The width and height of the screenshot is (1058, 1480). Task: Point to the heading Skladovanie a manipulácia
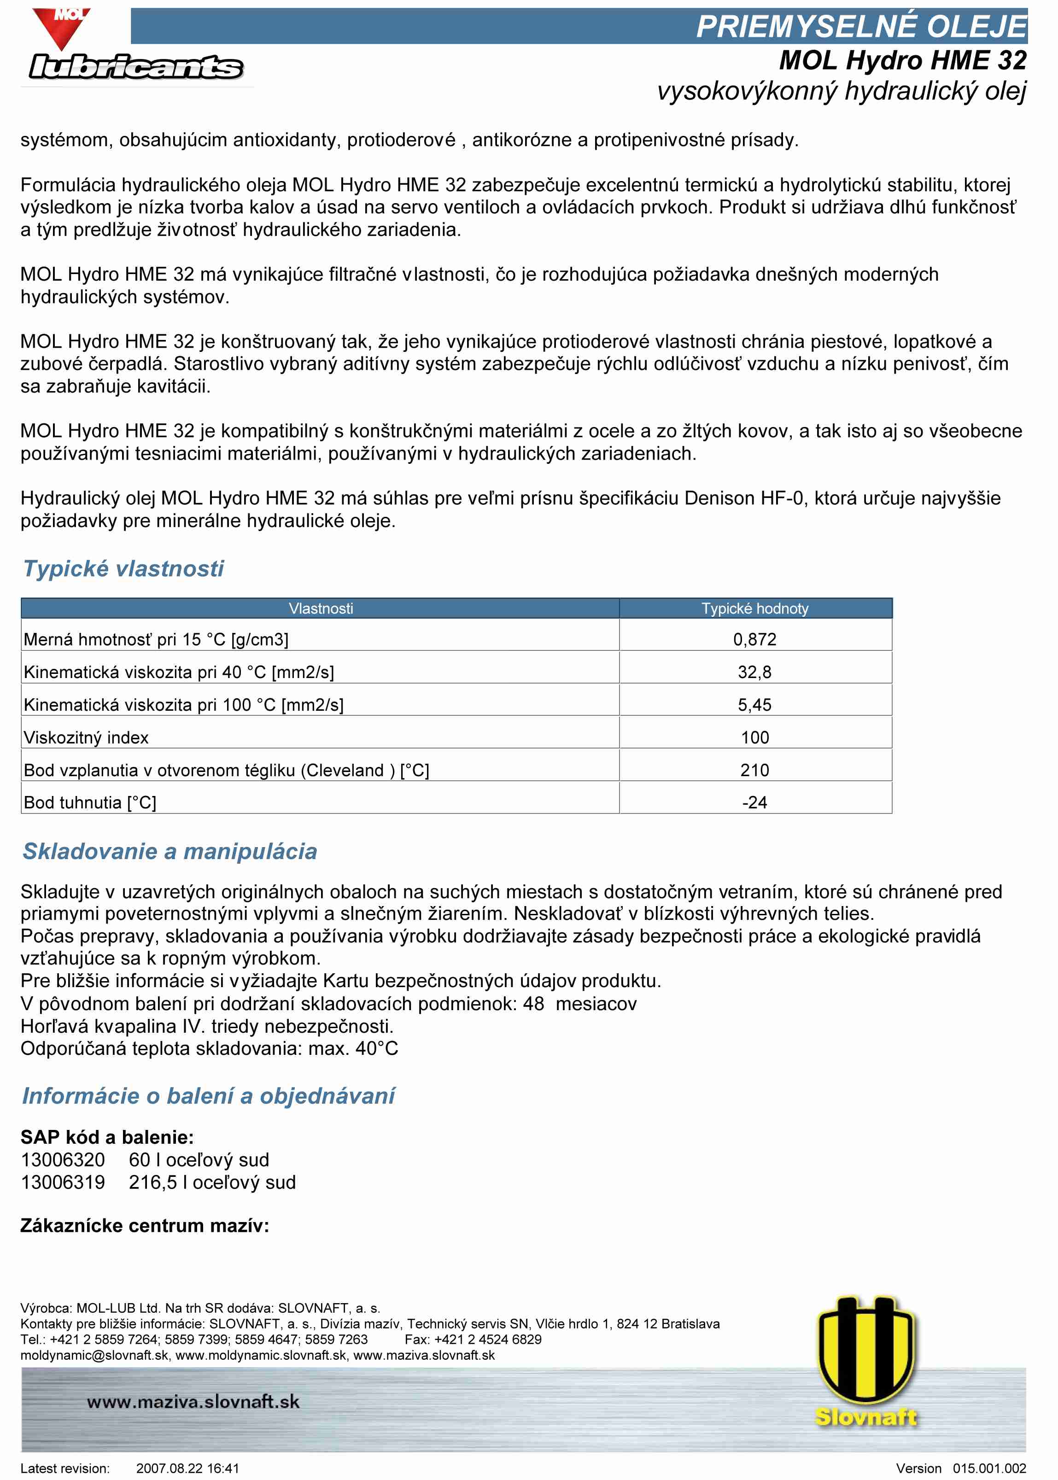tap(170, 851)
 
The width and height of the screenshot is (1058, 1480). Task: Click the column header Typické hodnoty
tap(754, 608)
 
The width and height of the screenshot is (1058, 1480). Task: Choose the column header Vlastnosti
tap(321, 608)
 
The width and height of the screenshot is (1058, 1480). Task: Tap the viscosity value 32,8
tap(754, 672)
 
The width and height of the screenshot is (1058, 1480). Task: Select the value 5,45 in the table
tap(754, 705)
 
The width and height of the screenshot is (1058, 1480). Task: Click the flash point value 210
tap(754, 770)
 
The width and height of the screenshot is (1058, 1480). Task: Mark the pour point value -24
tap(754, 802)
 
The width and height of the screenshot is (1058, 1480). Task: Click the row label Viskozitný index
tap(86, 737)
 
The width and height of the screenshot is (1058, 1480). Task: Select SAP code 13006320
tap(63, 1159)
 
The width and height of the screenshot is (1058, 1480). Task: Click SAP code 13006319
tap(63, 1182)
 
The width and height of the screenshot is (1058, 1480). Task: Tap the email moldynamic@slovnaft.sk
tap(94, 1356)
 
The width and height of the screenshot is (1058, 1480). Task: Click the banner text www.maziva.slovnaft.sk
tap(193, 1401)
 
